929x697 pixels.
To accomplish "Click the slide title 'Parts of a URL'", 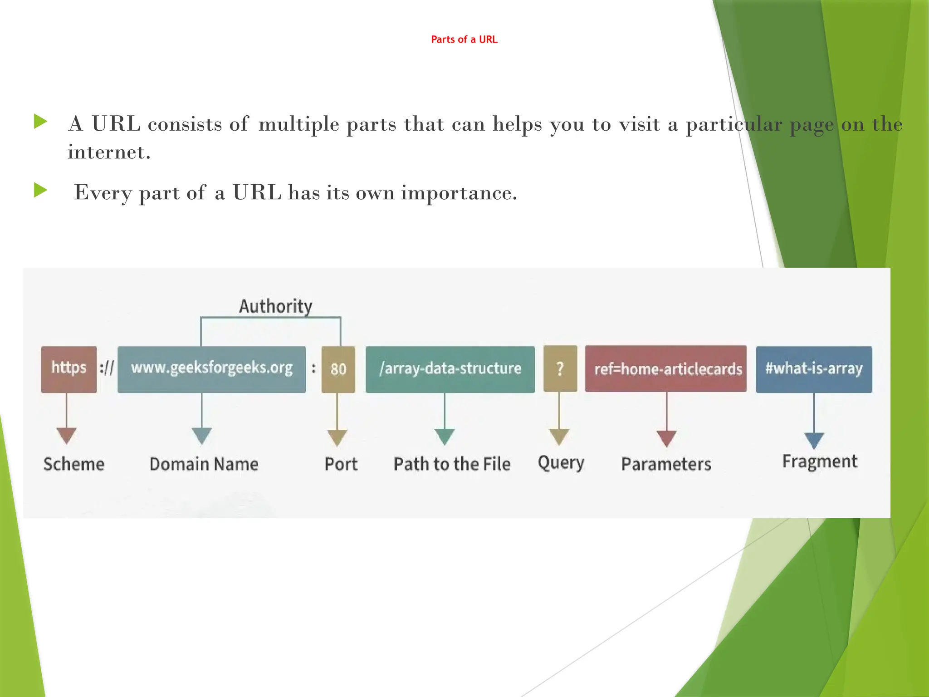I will [x=464, y=39].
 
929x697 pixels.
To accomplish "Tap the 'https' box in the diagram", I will [x=69, y=369].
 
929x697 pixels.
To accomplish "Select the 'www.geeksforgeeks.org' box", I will [x=211, y=369].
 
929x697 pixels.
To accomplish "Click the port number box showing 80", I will [x=338, y=369].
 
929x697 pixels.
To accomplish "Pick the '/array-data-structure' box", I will [x=450, y=369].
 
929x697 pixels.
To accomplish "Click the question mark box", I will [x=560, y=368].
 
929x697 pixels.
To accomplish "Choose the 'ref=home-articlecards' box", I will [x=665, y=368].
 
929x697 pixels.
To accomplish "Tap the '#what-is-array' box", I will [x=814, y=369].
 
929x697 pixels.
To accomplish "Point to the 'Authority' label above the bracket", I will [x=276, y=306].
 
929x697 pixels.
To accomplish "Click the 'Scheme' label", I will [x=74, y=464].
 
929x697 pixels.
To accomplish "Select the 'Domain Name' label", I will [x=204, y=464].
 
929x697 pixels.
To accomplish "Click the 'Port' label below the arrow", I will [x=341, y=464].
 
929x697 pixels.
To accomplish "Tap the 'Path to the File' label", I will [x=452, y=464].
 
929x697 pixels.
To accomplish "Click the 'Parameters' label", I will [x=666, y=464].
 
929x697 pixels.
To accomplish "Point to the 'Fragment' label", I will [x=820, y=461].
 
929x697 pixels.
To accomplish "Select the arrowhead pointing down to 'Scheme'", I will [x=67, y=435].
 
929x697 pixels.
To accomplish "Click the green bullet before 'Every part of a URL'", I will [x=41, y=191].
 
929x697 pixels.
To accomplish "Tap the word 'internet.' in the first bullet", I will [x=109, y=152].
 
